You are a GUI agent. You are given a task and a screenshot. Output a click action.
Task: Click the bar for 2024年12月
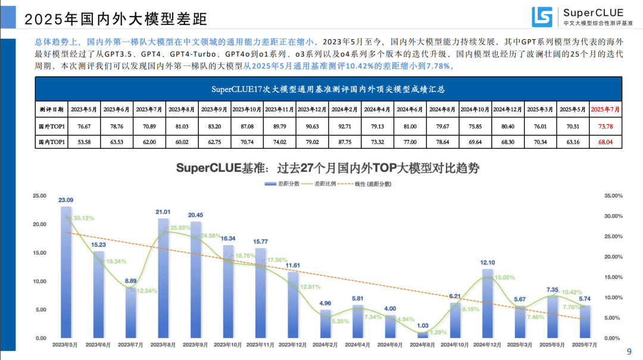point(488,303)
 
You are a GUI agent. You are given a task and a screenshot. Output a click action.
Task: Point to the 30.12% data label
point(84,218)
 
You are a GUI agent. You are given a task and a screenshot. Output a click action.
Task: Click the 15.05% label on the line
point(504,277)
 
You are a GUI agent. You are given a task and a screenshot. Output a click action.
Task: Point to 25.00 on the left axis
point(39,196)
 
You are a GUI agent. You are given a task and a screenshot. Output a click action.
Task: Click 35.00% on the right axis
point(613,196)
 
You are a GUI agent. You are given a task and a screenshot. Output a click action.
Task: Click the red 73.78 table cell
point(605,126)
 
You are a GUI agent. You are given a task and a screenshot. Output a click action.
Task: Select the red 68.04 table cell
point(605,143)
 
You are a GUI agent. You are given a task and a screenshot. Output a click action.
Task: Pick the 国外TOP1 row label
point(51,126)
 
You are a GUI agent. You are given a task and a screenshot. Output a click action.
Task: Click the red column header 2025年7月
point(605,109)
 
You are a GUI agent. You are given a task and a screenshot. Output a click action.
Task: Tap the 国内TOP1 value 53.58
point(84,143)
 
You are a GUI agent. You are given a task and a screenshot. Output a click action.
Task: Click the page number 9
point(630,352)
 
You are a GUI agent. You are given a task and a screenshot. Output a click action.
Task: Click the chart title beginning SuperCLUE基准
point(328,168)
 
